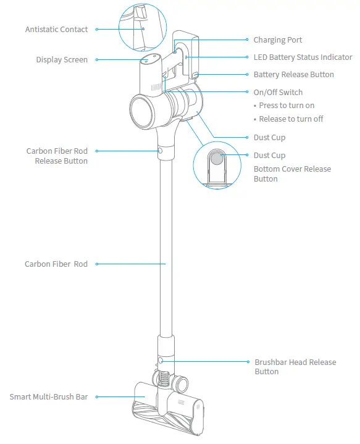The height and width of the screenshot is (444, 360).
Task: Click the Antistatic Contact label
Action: pyautogui.click(x=57, y=30)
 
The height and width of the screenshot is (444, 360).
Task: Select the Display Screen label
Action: pyautogui.click(x=62, y=60)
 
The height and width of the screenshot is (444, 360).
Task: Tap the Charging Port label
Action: pyautogui.click(x=278, y=40)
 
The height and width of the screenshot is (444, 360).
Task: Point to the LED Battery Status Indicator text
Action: pyautogui.click(x=303, y=57)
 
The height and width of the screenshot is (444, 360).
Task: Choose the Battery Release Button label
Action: pyautogui.click(x=293, y=75)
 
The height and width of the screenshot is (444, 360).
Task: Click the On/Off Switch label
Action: pyautogui.click(x=278, y=93)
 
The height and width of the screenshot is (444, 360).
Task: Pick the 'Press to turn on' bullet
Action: pyautogui.click(x=287, y=106)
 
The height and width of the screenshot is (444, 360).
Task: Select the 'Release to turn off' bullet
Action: pyautogui.click(x=291, y=119)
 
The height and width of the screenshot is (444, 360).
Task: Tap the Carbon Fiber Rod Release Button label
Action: pyautogui.click(x=57, y=156)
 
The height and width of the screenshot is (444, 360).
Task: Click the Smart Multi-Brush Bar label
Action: pyautogui.click(x=48, y=396)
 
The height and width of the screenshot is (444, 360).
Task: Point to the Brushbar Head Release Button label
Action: pyautogui.click(x=295, y=367)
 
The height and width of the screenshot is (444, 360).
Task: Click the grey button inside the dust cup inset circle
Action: pyautogui.click(x=217, y=158)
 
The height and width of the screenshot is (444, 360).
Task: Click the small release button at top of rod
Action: pyautogui.click(x=161, y=150)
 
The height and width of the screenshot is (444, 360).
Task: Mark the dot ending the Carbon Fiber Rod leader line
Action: pyautogui.click(x=96, y=264)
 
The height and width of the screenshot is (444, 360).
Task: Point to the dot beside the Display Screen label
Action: pyautogui.click(x=96, y=60)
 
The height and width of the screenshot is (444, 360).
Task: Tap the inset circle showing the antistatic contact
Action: pyautogui.click(x=143, y=26)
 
